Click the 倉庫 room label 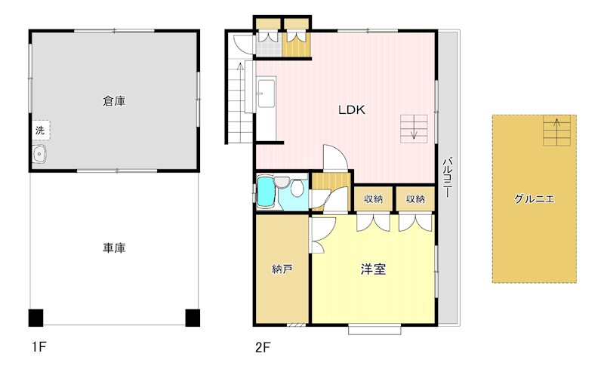click(x=114, y=100)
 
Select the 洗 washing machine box click(x=40, y=130)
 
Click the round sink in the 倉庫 click(x=39, y=155)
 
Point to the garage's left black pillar click(x=35, y=316)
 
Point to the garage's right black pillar click(x=193, y=316)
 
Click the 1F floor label click(x=39, y=348)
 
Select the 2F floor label click(x=262, y=348)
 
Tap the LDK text click(x=351, y=109)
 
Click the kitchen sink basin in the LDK click(x=266, y=95)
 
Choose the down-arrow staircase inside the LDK click(x=414, y=128)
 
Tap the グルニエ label click(x=534, y=199)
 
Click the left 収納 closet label click(x=373, y=199)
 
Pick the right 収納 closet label click(x=415, y=199)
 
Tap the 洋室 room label click(x=373, y=269)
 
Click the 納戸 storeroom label click(x=282, y=269)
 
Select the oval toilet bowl click(x=298, y=189)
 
